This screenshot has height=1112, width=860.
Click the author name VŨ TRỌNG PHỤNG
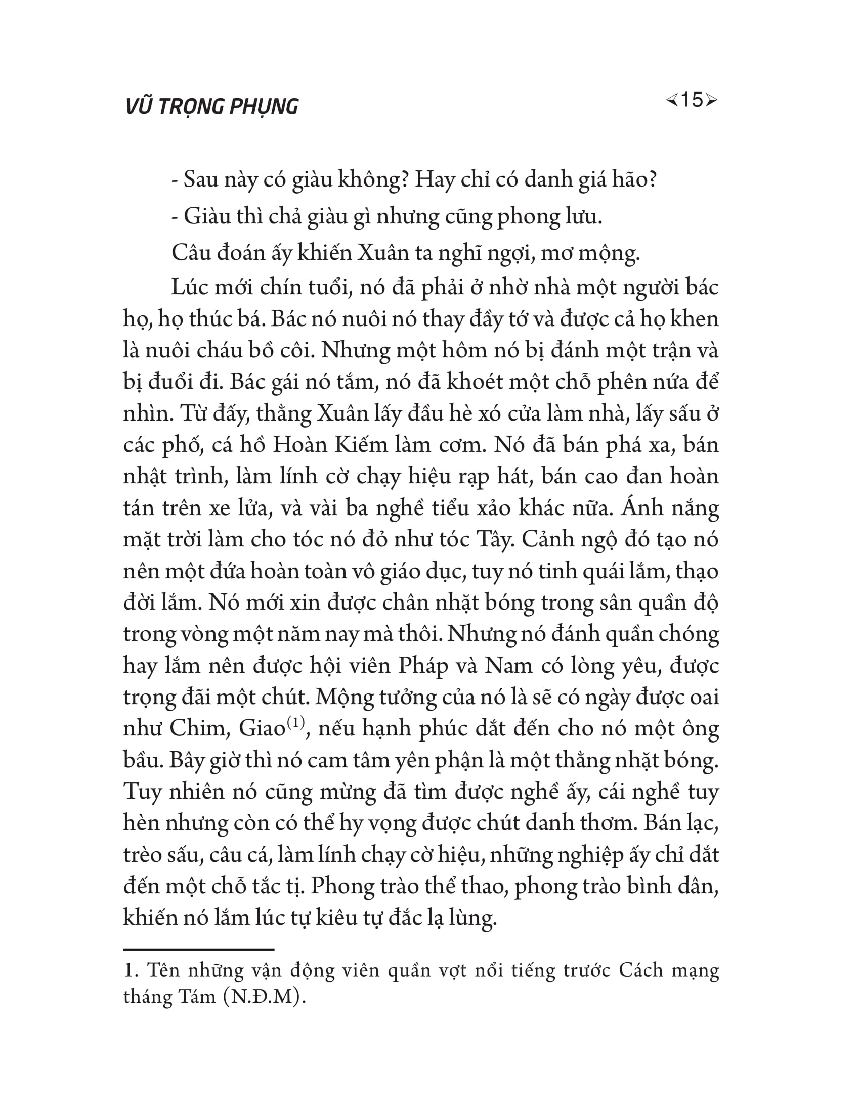[x=211, y=107]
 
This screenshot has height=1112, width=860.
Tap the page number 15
[x=692, y=100]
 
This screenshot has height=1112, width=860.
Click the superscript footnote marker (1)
[x=295, y=722]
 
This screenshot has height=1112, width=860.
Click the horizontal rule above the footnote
[x=199, y=950]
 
